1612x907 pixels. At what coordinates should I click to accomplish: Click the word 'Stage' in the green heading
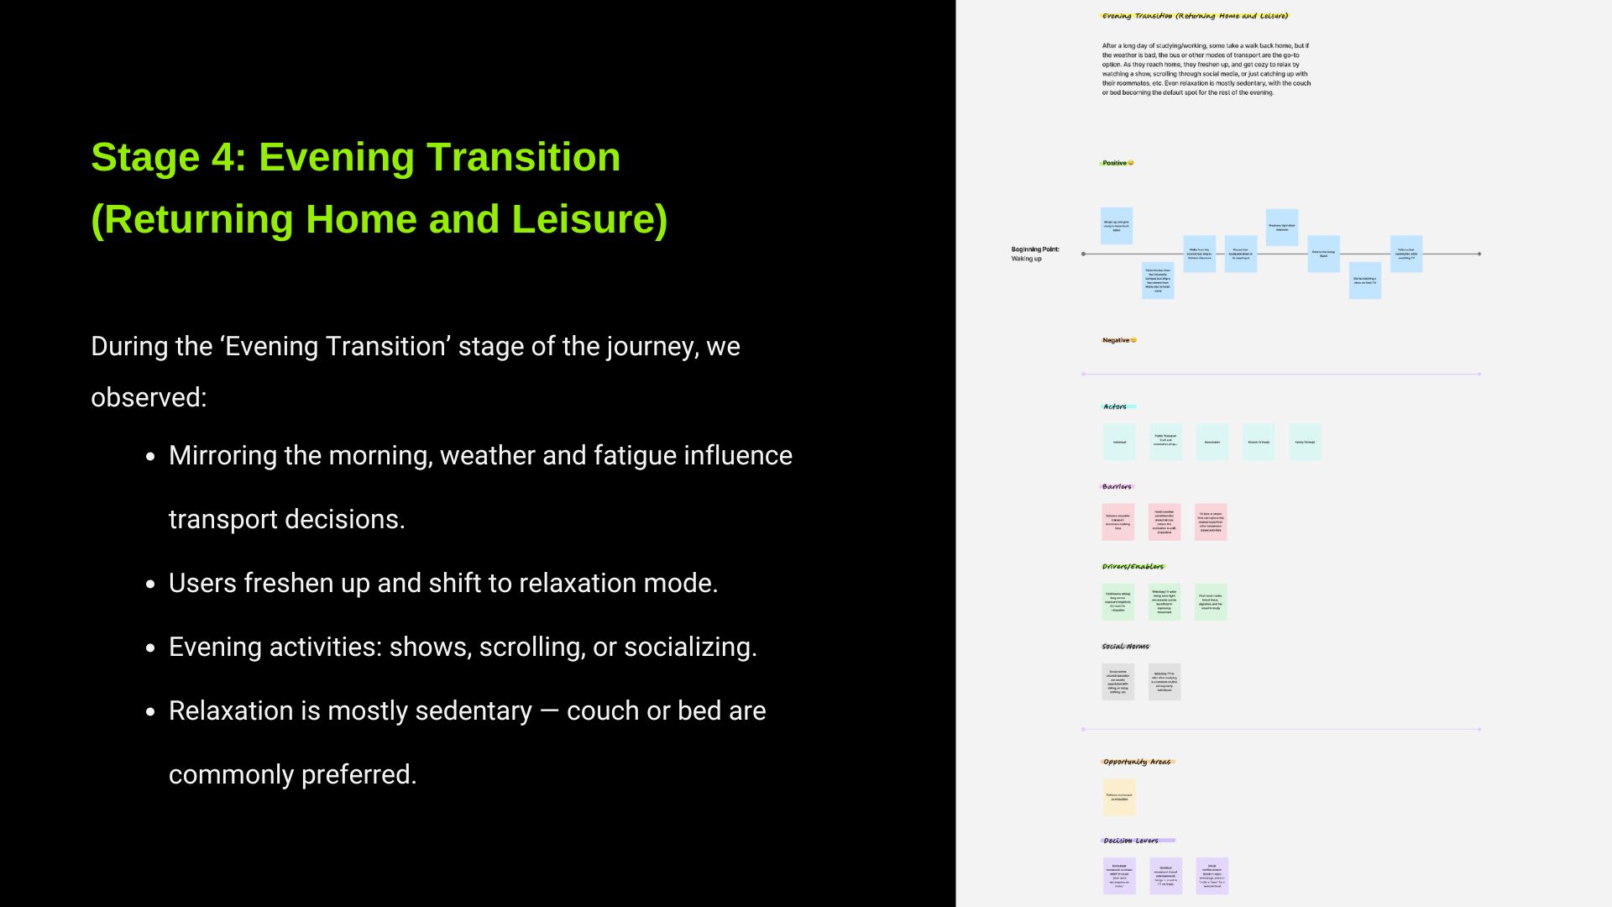144,158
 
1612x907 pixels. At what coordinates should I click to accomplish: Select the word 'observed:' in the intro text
149,397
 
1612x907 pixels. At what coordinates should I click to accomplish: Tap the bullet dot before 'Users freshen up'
151,585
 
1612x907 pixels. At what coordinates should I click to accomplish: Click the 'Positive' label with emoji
1117,163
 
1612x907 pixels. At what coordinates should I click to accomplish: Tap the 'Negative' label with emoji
1119,340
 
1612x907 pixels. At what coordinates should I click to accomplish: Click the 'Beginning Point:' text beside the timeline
1034,249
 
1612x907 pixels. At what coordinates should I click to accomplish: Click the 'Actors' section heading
1115,406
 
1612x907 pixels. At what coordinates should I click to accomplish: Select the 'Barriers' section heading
1117,487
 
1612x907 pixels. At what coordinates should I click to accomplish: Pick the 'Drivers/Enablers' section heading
1133,567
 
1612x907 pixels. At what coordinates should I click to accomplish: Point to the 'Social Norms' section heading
1125,647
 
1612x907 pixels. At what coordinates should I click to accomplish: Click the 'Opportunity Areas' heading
1137,762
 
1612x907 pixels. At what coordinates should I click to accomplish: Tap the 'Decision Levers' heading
1131,841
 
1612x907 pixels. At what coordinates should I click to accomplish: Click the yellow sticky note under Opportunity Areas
1119,797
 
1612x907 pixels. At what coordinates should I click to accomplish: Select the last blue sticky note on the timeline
1405,254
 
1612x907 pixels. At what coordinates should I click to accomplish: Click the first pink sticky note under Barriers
1117,522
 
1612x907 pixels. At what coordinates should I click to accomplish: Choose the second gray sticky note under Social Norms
1164,682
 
